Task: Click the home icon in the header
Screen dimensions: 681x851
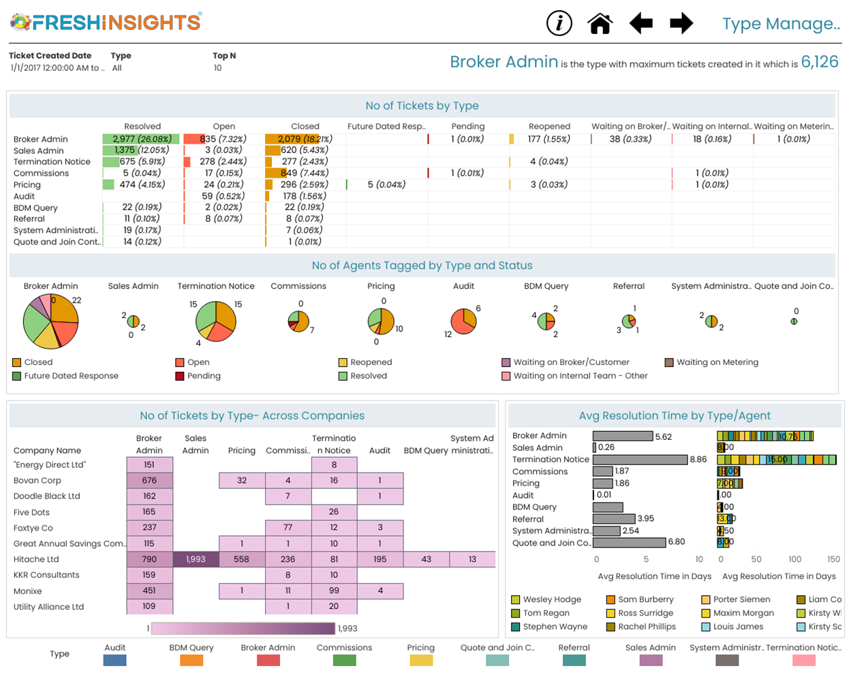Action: pos(600,23)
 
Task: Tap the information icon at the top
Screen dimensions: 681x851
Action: pos(559,23)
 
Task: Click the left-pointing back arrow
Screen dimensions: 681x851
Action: pos(640,23)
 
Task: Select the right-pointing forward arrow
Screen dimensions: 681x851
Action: pos(681,23)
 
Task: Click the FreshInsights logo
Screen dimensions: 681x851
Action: pos(106,22)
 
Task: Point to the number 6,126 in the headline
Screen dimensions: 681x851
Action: pos(820,62)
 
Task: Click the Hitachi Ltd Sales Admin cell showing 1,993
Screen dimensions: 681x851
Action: pos(196,559)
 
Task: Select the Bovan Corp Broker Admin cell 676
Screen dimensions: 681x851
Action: pos(149,480)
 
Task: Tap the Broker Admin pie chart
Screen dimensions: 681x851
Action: pos(51,321)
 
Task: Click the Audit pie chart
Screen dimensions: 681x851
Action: pos(463,321)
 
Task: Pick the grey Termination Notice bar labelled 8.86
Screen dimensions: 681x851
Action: pos(640,460)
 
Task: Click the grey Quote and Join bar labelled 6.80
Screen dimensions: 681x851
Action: pos(629,542)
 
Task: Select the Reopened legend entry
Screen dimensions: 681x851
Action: pos(371,362)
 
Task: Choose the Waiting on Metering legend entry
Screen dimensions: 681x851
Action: pos(717,362)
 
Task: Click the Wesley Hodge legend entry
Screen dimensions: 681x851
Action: pos(551,599)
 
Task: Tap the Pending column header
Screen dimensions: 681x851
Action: pos(468,126)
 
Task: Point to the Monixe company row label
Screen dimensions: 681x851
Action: pos(28,591)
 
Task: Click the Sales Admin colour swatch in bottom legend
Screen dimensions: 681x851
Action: pos(650,661)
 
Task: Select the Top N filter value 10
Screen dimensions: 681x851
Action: pos(218,68)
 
